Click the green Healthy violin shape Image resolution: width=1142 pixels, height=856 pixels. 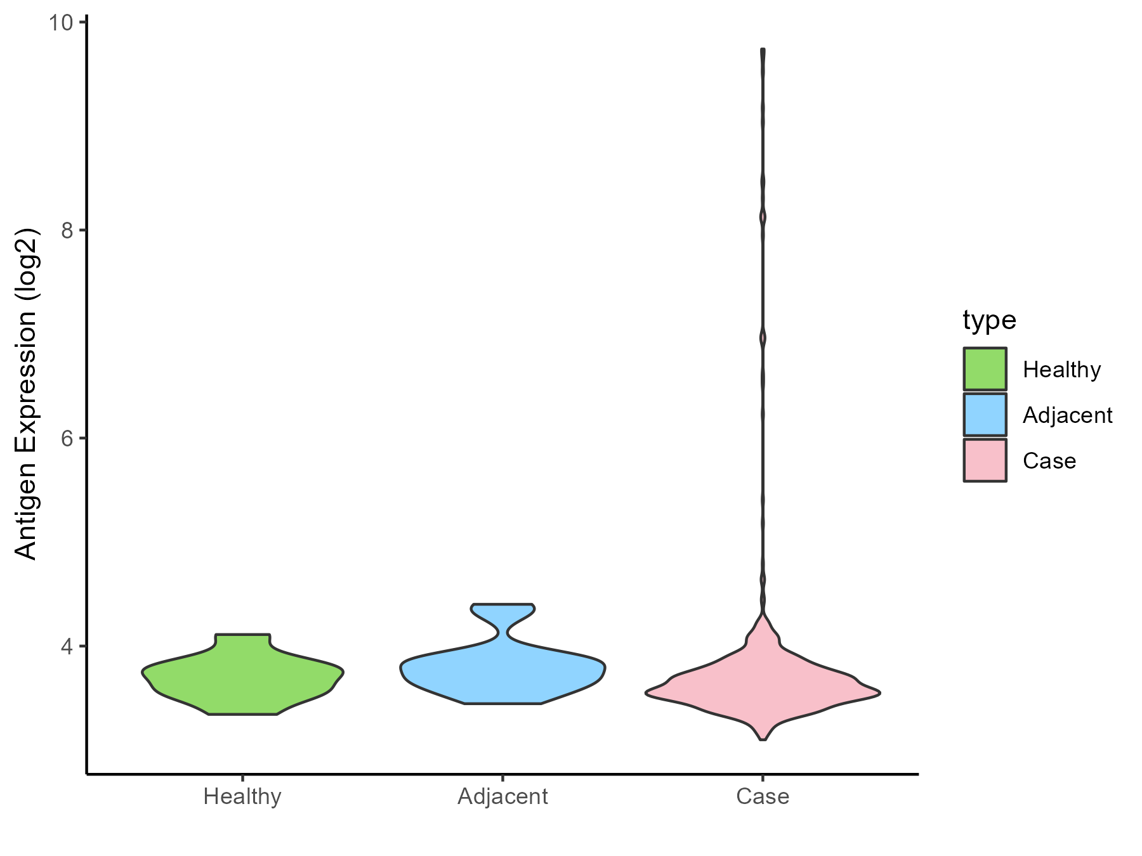pos(242,675)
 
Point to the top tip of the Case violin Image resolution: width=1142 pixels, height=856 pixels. pos(763,50)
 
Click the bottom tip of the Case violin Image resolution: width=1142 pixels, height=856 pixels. pos(763,739)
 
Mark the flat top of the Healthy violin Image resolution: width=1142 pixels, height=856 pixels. pos(242,635)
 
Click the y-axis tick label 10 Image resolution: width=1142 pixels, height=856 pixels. pos(59,23)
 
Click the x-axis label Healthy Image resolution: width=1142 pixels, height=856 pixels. pos(242,796)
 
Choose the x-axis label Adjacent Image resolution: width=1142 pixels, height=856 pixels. pos(502,796)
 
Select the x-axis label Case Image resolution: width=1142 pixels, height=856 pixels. pos(763,796)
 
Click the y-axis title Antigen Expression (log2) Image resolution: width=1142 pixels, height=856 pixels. pos(27,393)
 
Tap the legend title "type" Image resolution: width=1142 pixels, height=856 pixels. pos(989,320)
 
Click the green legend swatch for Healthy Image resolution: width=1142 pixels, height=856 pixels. pos(985,369)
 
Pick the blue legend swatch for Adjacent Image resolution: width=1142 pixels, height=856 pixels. pos(985,415)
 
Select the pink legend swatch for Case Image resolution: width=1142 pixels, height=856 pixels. pos(985,460)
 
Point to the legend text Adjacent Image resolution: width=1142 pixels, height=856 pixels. pos(1068,415)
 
